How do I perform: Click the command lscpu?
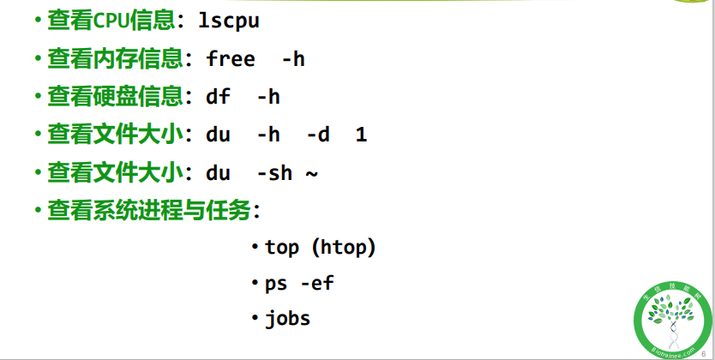point(229,21)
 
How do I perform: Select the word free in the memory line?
point(231,58)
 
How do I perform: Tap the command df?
point(219,96)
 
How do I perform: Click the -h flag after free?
point(292,58)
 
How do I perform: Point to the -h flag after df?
point(267,96)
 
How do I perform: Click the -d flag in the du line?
point(318,135)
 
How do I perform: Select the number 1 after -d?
point(361,135)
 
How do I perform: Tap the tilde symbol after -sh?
point(311,172)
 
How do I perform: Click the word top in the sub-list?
point(282,248)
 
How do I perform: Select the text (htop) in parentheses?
point(343,248)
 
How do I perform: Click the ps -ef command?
point(298,283)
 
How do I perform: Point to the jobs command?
point(287,319)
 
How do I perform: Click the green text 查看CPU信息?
point(115,21)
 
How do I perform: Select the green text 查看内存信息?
point(115,58)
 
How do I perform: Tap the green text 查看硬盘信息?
point(115,96)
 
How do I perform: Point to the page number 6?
point(704,343)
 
